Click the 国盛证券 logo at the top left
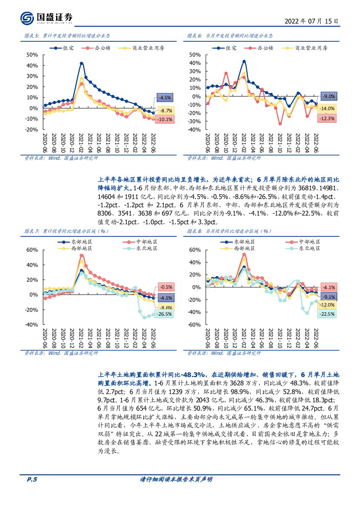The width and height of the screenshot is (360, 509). pyautogui.click(x=47, y=18)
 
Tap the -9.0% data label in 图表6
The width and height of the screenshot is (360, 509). pyautogui.click(x=328, y=96)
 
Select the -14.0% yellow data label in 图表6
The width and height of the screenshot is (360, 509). pyautogui.click(x=327, y=108)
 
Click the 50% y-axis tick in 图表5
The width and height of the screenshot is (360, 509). pyautogui.click(x=33, y=55)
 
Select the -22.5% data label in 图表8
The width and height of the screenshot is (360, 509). pyautogui.click(x=327, y=314)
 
